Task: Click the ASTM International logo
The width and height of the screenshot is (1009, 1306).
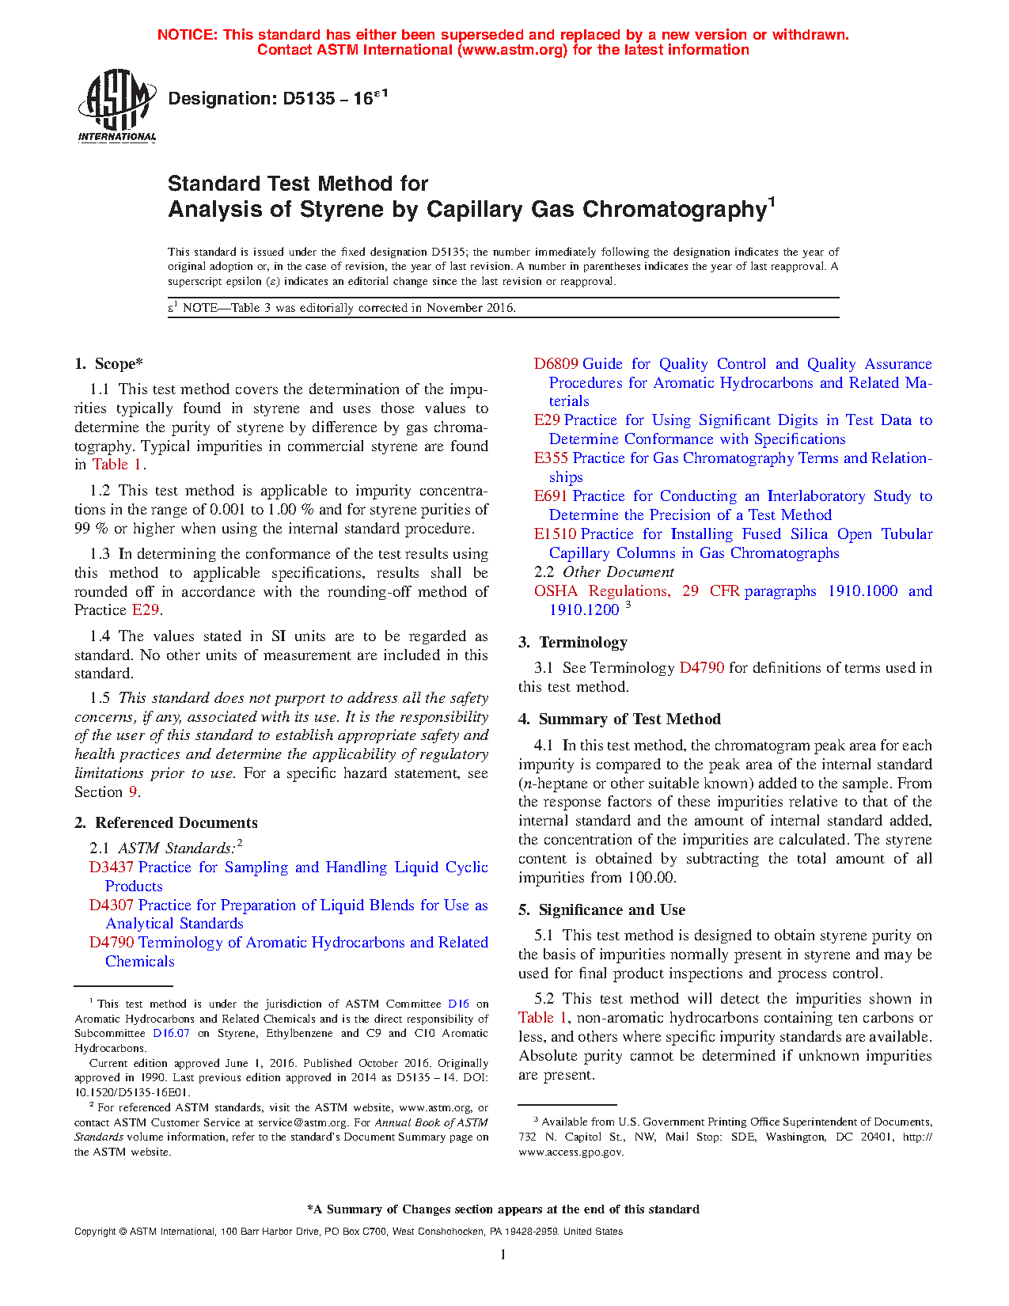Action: [x=116, y=104]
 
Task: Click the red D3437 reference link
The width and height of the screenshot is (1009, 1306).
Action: [x=111, y=868]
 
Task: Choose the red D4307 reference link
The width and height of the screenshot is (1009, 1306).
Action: [x=111, y=905]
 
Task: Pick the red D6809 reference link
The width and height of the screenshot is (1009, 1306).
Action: [x=556, y=364]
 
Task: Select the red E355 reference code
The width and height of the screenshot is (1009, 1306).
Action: [x=551, y=458]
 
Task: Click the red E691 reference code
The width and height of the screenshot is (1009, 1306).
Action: [x=551, y=496]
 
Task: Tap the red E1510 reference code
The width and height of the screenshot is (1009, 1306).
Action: [x=555, y=534]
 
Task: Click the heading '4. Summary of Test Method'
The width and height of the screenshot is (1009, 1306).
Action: [x=620, y=719]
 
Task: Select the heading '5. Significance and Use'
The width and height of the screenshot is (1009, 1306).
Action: [x=601, y=910]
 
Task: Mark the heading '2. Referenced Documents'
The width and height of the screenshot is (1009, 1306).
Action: [x=166, y=823]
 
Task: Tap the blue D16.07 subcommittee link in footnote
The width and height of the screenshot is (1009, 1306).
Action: [x=171, y=1034]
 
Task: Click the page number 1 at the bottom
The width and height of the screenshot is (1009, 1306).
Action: [x=503, y=1255]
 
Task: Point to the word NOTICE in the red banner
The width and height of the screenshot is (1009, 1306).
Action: [x=187, y=35]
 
